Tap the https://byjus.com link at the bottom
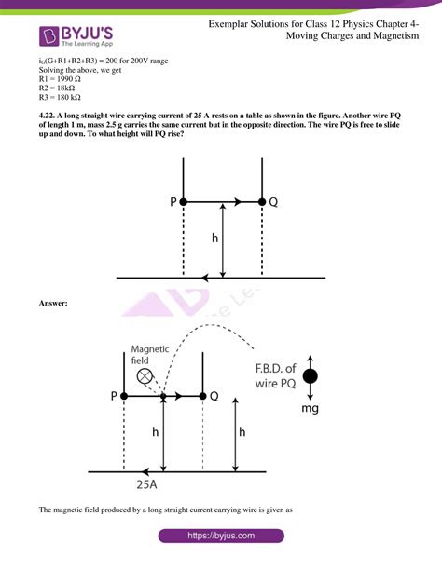click(x=221, y=537)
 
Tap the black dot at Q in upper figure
click(x=261, y=201)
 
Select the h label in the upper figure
click(x=215, y=238)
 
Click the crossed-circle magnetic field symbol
click(x=145, y=376)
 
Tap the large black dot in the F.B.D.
click(x=310, y=376)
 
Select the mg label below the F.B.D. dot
click(x=310, y=408)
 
